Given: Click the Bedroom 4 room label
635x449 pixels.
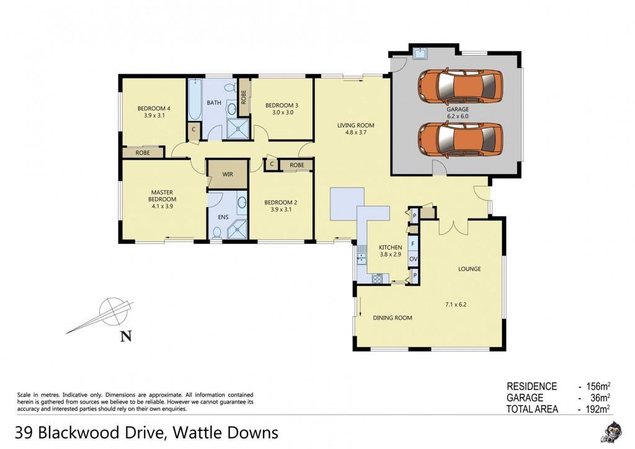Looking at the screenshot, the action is coord(154,108).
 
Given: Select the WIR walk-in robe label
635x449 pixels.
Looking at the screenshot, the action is coord(228,175).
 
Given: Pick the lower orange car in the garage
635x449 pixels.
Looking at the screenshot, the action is coord(460,139).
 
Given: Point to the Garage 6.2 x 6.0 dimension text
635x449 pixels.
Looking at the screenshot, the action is coord(458,116).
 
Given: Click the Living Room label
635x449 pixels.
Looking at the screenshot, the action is coord(355,125).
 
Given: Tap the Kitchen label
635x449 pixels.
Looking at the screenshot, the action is coord(391,248).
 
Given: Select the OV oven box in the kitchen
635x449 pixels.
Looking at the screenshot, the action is coord(413,259).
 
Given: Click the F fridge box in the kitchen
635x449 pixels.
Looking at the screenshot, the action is coord(413,245).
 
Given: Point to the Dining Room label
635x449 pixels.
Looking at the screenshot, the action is coord(393,318).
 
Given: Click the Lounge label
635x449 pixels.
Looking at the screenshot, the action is coord(469,269).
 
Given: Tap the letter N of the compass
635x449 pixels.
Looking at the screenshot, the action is coord(126,336).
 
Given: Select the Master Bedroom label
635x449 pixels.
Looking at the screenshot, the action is coord(162,196).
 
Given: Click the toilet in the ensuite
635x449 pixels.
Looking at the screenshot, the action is coord(217,232).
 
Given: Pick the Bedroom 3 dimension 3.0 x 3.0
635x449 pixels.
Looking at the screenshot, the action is coord(283,113).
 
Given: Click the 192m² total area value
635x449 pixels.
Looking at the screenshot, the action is coord(597,409).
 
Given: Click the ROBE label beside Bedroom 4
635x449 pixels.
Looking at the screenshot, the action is coord(143,153).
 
